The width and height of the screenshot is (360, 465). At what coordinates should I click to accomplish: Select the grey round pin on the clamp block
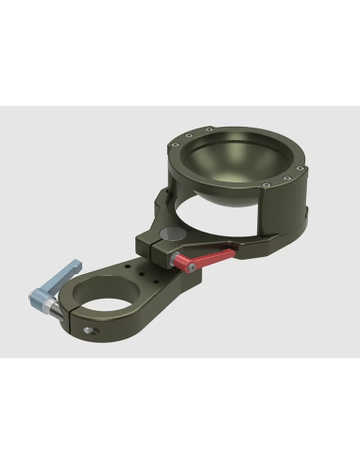coord(172,235)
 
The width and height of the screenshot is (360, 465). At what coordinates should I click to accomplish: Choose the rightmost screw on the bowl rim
coord(301,170)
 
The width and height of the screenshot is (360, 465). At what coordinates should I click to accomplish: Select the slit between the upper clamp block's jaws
coord(154,247)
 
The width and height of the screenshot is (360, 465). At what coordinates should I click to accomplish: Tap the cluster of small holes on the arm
coord(146,273)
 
